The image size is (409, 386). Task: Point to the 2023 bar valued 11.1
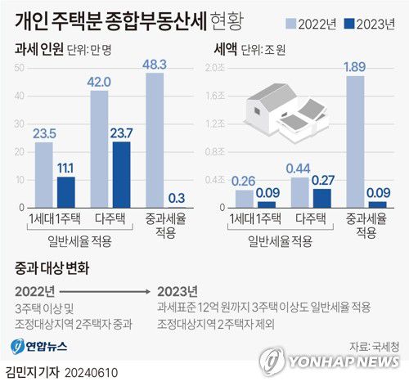point(65,189)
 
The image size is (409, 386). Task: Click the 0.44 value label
point(299,168)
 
